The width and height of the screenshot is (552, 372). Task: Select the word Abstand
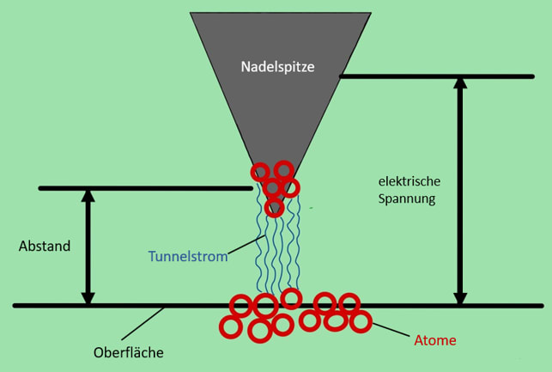coord(45,247)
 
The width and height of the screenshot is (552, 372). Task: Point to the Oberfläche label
coord(128,352)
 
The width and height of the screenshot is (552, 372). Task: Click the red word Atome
coord(435,341)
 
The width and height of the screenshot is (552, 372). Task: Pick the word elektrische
coord(409,181)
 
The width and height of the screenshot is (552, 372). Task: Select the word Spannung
coord(406,198)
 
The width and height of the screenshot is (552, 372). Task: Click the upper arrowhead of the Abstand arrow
coord(88,196)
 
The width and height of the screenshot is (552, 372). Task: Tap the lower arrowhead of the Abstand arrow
coord(88,297)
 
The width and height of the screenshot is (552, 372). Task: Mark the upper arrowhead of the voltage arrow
coord(460,83)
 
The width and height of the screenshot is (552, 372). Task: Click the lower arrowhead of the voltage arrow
coord(460,297)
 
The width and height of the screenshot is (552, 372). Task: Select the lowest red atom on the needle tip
coord(274,207)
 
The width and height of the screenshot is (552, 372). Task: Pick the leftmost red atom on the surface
coord(229,326)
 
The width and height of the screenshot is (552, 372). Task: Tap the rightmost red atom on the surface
coord(361,322)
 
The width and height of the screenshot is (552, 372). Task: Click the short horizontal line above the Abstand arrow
coord(146,188)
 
